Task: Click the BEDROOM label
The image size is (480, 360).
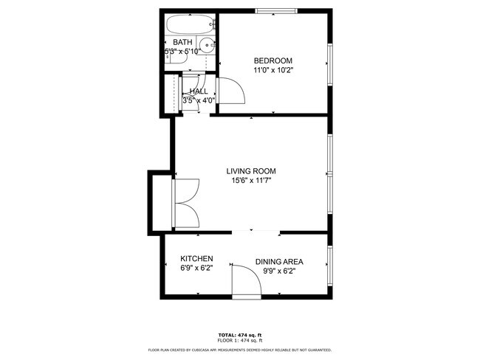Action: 272,60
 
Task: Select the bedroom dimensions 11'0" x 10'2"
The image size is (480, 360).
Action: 272,71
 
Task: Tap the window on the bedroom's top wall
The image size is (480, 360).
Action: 277,11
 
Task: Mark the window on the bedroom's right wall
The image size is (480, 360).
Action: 330,66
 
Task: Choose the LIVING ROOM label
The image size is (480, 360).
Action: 256,170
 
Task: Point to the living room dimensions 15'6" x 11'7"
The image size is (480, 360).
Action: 256,181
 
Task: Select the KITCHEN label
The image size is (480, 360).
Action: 197,259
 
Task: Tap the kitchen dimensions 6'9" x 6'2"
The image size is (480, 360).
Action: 197,269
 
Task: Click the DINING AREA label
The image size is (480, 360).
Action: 279,261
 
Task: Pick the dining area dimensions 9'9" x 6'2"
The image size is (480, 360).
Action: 279,271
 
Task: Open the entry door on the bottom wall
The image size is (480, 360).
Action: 246,282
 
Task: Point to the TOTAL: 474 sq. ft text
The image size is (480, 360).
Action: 240,334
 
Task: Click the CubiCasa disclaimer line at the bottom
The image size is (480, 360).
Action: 240,350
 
